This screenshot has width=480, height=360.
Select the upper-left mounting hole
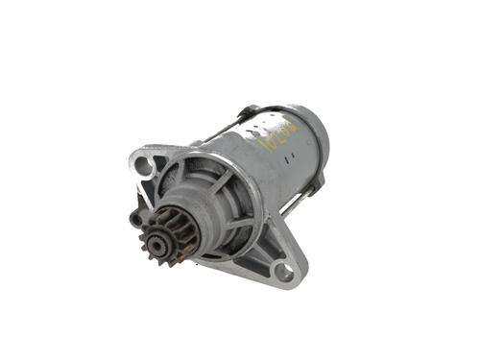point(145,165)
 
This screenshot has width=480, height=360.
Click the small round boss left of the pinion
point(136,219)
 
